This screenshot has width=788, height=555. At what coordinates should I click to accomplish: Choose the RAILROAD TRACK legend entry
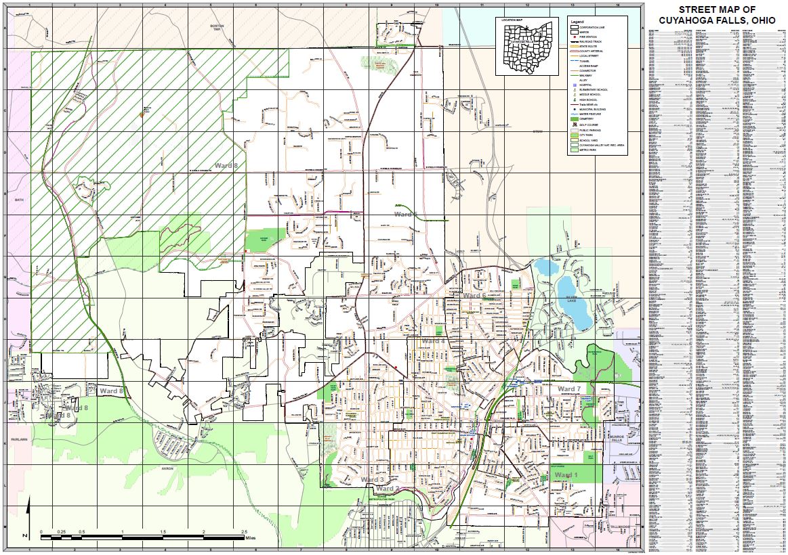587,41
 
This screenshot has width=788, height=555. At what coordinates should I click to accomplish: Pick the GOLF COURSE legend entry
587,125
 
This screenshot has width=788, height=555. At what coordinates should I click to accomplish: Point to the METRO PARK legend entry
585,150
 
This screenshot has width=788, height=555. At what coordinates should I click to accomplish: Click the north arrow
28,518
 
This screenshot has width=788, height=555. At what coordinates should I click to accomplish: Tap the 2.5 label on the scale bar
244,532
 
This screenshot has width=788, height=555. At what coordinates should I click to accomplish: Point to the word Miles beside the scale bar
251,539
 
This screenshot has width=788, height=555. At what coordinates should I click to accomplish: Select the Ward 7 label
569,389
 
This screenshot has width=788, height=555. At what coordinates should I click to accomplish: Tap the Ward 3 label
372,480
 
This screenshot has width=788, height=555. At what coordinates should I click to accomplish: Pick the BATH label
18,200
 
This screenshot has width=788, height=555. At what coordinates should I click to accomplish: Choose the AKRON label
167,468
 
